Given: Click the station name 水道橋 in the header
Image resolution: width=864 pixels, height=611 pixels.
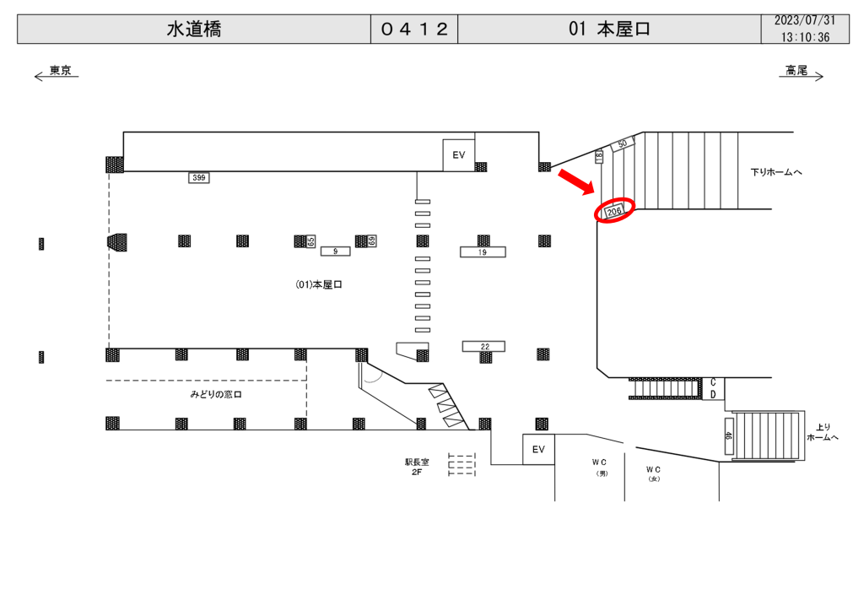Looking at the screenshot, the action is [x=194, y=30].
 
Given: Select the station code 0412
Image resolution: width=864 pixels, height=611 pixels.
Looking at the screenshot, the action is [x=414, y=30].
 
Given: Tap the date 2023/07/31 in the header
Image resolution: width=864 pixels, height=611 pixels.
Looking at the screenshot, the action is [x=805, y=21].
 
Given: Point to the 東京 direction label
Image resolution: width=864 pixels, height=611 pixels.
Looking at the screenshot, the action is [x=61, y=70].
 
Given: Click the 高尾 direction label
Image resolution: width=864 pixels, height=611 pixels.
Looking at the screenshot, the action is [x=796, y=70].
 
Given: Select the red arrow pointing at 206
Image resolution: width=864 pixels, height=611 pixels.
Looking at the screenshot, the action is [x=575, y=181].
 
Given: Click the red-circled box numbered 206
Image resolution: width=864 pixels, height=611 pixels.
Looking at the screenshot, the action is [x=614, y=211].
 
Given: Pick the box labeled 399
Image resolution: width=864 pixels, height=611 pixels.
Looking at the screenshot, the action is [x=199, y=177].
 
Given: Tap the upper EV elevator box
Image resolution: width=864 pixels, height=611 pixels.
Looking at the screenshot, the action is [x=459, y=155].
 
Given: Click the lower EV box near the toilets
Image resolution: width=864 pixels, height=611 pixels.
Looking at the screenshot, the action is [x=538, y=450].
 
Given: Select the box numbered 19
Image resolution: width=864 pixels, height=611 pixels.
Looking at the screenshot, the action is [x=483, y=252].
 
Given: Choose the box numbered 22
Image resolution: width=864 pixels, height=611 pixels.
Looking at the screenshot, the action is [x=483, y=347].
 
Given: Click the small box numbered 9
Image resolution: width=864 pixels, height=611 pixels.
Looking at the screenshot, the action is [x=335, y=251].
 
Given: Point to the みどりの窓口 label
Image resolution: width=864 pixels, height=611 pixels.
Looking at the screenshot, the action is [x=216, y=394].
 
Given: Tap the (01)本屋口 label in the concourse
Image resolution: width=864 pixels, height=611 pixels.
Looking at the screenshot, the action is [x=319, y=284].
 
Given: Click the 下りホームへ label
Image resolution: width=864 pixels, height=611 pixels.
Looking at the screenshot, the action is [x=776, y=172].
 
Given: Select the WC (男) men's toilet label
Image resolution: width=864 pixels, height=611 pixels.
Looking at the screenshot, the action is [x=600, y=468].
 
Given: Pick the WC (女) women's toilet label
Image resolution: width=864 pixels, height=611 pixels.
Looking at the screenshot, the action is [x=654, y=473].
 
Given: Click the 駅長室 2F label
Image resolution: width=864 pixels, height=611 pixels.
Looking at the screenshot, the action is [x=417, y=468].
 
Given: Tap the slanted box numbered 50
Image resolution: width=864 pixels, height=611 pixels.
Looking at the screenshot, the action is [x=623, y=144].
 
